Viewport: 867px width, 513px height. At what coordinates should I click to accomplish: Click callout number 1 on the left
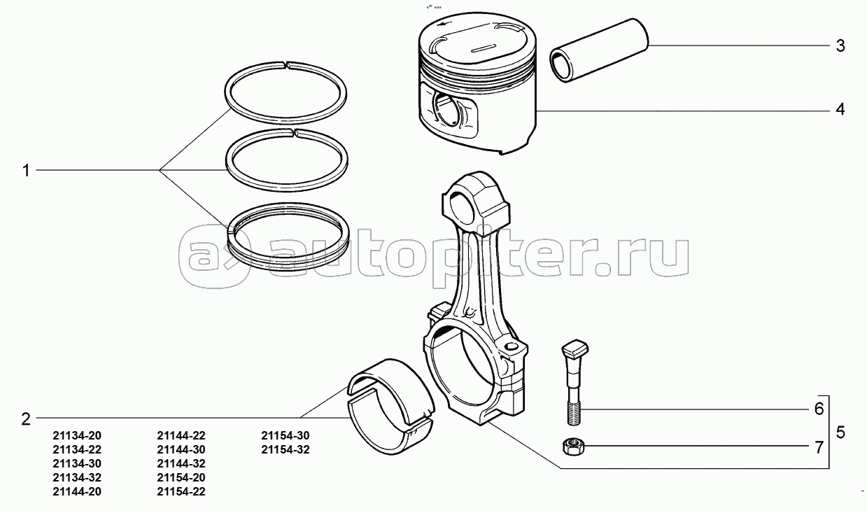tap(26, 170)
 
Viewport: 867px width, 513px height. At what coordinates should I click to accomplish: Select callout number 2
tap(26, 419)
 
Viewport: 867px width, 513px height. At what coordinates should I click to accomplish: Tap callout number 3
tap(840, 46)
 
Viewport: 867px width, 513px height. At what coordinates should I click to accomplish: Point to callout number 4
tap(840, 110)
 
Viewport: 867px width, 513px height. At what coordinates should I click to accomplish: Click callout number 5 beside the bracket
tap(840, 432)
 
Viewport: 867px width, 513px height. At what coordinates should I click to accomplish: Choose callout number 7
tap(819, 447)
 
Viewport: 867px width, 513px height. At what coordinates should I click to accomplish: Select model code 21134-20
tap(77, 435)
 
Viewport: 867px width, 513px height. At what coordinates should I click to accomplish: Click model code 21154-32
tap(286, 449)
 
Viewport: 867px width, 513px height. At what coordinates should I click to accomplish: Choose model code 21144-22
tap(182, 435)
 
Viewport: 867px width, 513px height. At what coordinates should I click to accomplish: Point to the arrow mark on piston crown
tap(449, 27)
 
